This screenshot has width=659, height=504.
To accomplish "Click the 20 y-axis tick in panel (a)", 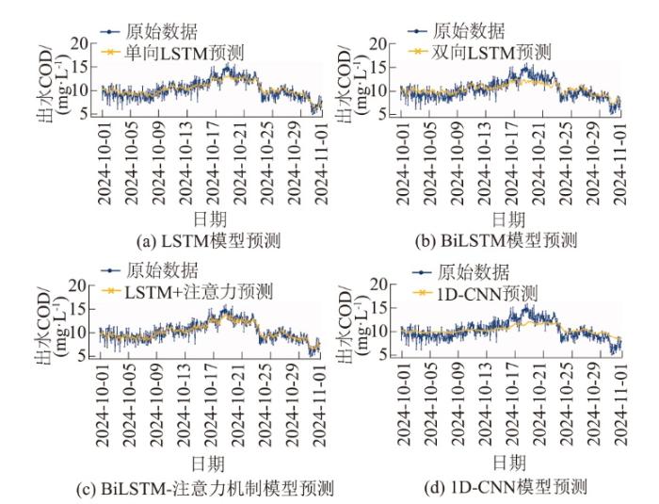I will click(84, 42).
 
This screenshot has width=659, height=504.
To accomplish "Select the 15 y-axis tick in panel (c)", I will click(84, 309).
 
